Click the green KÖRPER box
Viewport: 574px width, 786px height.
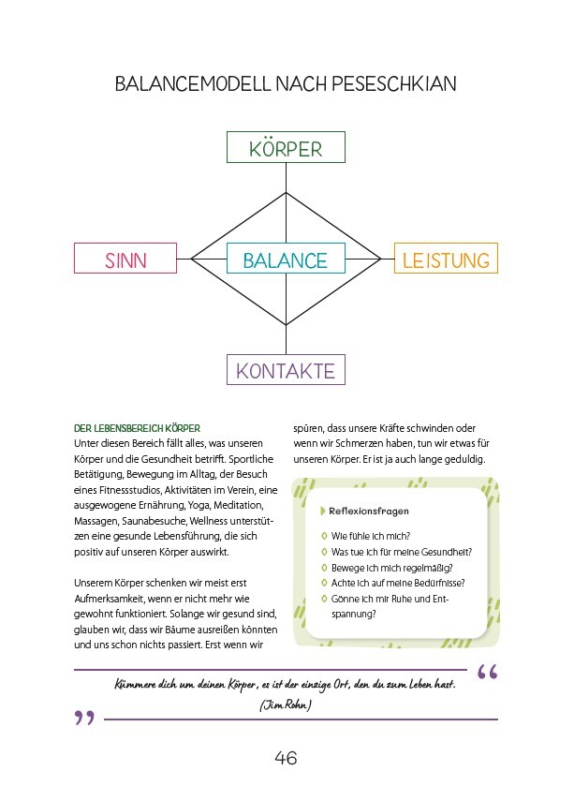(x=286, y=148)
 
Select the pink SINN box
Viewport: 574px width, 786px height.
(x=125, y=259)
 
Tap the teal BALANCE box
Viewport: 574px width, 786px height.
(x=286, y=260)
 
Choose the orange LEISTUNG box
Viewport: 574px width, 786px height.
(x=446, y=259)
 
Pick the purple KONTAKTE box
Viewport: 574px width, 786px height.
(x=286, y=370)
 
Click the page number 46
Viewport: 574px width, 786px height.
(x=286, y=757)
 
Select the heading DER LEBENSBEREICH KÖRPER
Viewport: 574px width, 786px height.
(x=137, y=428)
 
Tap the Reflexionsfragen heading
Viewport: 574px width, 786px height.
(x=369, y=511)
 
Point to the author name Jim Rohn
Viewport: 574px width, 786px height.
(x=287, y=705)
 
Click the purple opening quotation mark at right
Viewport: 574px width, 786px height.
(x=487, y=672)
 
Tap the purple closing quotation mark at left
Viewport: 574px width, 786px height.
(x=84, y=719)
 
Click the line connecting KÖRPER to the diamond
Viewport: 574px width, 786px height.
(x=286, y=178)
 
